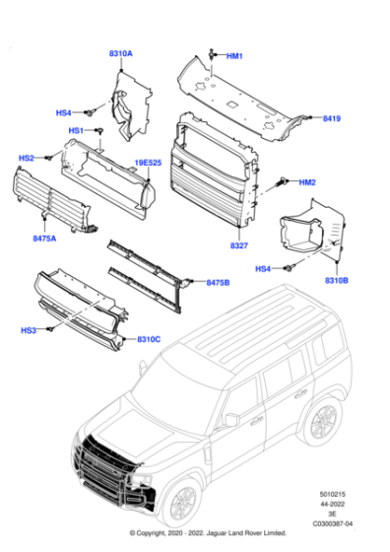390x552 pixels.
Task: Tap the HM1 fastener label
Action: coord(234,56)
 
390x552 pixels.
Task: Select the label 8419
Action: coord(331,119)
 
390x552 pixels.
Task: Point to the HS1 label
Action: coord(76,130)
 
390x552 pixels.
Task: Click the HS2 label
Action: coord(27,158)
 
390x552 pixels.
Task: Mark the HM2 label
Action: coord(306,182)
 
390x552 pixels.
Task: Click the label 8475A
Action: coord(45,238)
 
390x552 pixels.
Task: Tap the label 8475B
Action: coord(218,283)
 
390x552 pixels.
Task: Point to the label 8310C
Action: coord(150,340)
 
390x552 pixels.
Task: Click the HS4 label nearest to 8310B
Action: coord(263,268)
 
